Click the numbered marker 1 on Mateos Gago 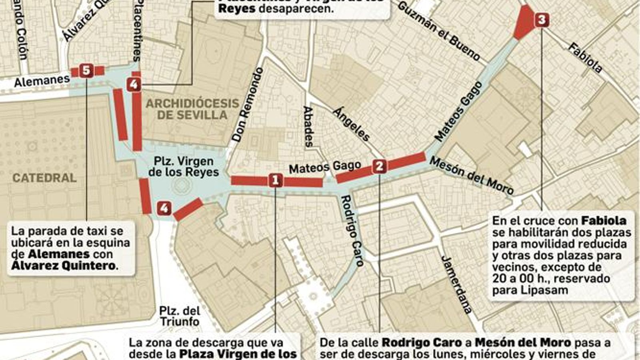(275, 180)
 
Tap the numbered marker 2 (379, 166)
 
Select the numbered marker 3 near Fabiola (542, 20)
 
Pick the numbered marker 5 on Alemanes (86, 71)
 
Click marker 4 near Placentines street (134, 84)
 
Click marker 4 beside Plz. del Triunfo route (164, 208)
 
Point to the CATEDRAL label (44, 178)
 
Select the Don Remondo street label (248, 105)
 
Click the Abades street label (308, 126)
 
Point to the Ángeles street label (352, 124)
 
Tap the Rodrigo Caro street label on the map (352, 231)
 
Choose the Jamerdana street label (456, 284)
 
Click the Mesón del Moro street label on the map (471, 175)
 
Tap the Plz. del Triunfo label (179, 316)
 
